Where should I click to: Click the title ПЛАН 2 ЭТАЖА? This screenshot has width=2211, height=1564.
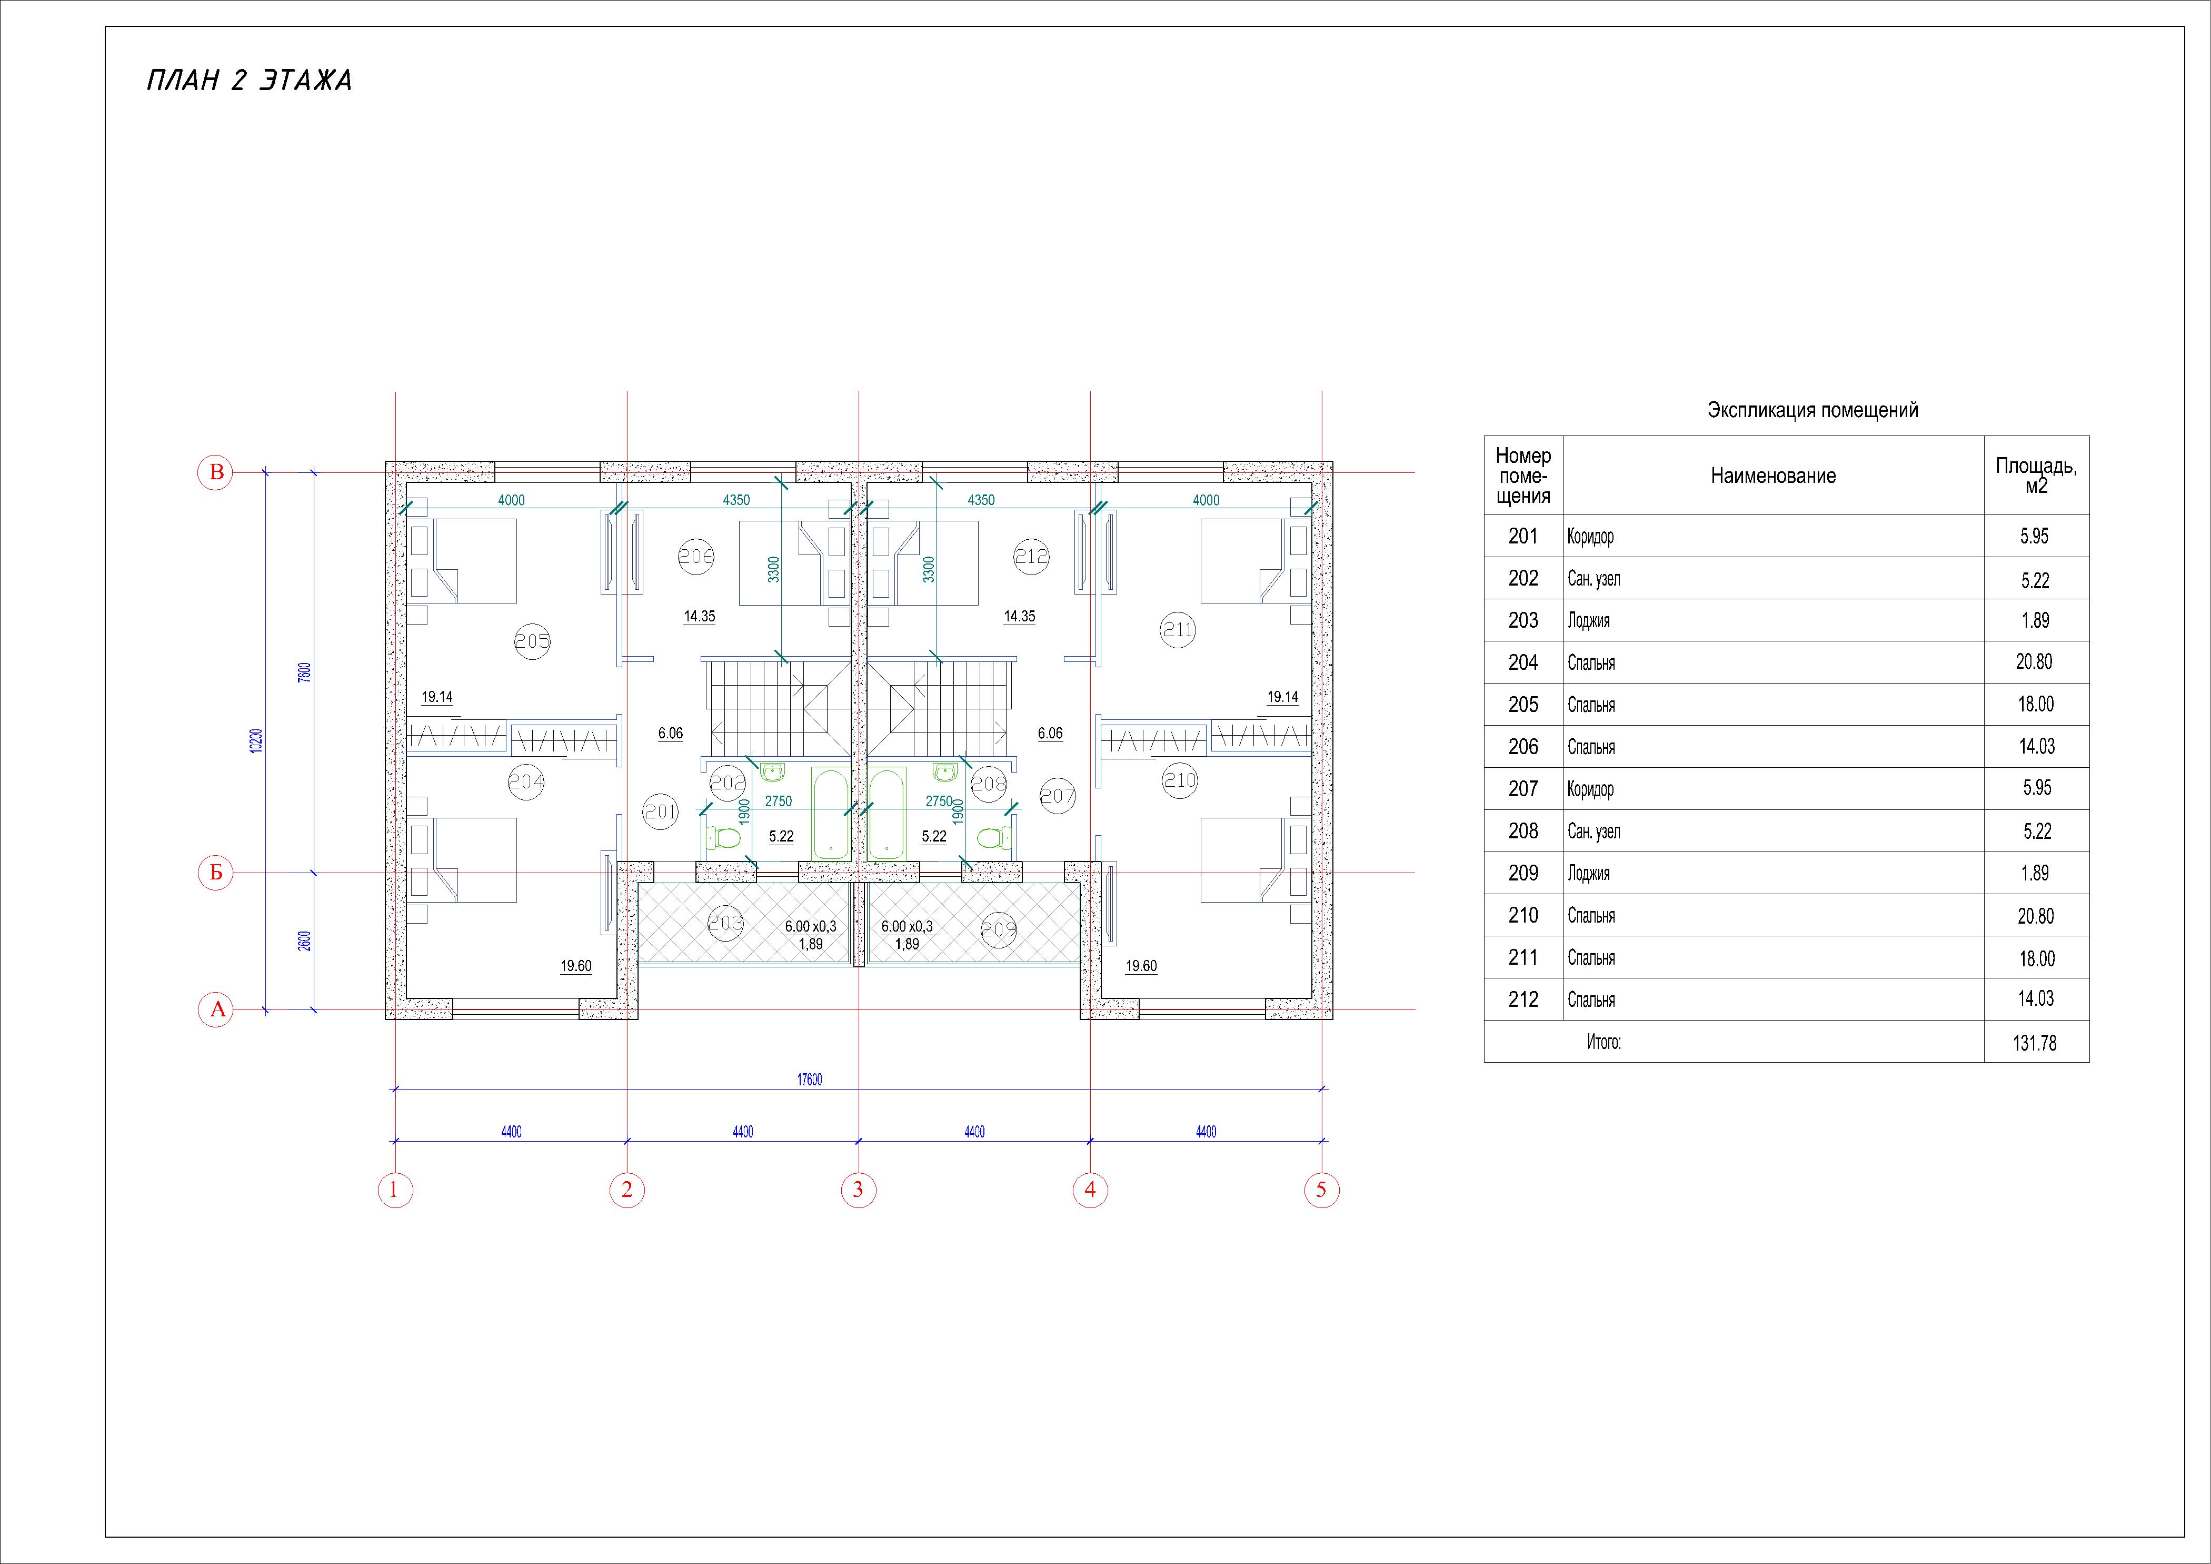[x=250, y=81]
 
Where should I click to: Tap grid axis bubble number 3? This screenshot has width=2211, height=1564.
[x=858, y=1190]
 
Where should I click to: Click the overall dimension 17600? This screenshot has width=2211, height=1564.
[x=809, y=1080]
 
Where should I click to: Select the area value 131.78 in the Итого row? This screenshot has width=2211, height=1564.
[x=2035, y=1043]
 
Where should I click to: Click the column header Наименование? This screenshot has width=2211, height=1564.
[x=1773, y=476]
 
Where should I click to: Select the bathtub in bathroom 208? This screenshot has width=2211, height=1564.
[x=886, y=813]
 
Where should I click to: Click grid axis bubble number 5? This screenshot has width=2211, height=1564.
[x=1321, y=1190]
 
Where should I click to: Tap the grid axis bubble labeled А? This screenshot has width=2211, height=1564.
[x=217, y=1009]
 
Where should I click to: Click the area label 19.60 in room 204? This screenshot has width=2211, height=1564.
[x=576, y=966]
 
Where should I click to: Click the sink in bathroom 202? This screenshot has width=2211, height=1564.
[x=772, y=770]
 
